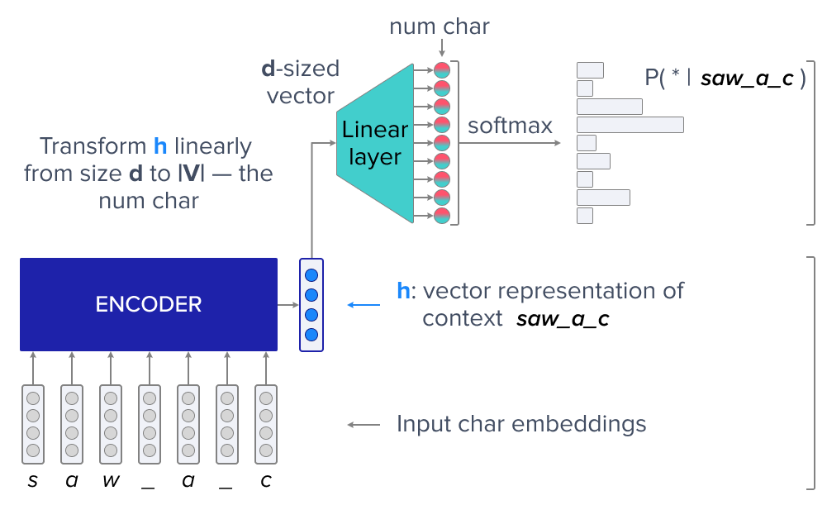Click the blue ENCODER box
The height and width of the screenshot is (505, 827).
point(149,304)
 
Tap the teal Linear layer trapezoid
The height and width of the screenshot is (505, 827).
point(374,143)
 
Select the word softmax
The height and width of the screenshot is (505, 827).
point(510,126)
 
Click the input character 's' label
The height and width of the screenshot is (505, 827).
point(32,481)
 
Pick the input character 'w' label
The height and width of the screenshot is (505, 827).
point(110,481)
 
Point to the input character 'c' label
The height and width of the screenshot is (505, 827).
point(264,481)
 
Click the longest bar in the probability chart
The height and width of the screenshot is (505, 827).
point(630,125)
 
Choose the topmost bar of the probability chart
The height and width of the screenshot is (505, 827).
point(590,70)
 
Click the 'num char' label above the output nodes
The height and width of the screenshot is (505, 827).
point(440,26)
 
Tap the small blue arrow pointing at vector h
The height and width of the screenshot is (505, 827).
point(364,305)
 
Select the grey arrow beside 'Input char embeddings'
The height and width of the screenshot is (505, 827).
point(364,425)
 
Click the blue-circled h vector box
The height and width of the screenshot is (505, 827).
point(311,305)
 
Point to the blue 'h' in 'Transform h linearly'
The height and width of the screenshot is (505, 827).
point(160,147)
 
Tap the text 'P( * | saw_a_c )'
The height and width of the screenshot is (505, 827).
point(725,79)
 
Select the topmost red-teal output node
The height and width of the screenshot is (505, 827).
point(442,70)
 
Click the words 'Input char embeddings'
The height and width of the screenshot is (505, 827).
point(520,425)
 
